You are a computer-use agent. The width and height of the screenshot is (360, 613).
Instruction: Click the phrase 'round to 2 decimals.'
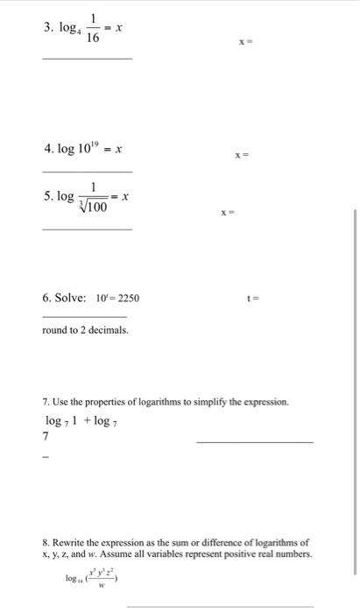85,330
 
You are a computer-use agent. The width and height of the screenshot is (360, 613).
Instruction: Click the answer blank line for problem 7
254,442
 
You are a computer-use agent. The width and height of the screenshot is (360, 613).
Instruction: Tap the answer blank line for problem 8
220,605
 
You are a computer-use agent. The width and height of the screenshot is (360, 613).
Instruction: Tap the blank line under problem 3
88,59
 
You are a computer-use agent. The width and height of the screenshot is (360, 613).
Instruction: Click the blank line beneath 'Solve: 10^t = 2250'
84,316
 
